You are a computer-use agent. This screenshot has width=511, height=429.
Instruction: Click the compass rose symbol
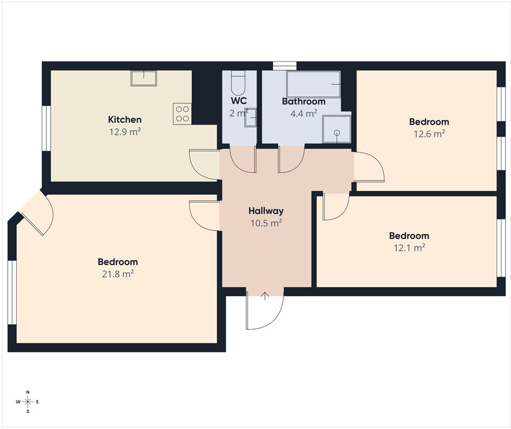coord(28,402)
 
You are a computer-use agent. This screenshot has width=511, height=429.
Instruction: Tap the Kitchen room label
coord(124,120)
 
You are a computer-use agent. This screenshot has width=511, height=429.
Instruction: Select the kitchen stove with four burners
coord(182,114)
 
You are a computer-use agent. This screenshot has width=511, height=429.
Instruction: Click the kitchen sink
coord(143,78)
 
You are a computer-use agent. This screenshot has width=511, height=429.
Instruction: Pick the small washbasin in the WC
coord(250,118)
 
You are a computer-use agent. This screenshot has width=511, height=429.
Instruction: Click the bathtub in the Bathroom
coord(314,84)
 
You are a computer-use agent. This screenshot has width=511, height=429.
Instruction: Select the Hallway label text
coord(266,211)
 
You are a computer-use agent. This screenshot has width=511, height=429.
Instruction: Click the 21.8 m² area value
coord(118,274)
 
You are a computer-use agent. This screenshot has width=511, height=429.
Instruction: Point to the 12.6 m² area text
coord(429,134)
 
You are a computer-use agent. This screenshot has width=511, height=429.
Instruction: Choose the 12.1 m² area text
coord(409,247)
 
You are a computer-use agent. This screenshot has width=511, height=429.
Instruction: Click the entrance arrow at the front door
coord(265,296)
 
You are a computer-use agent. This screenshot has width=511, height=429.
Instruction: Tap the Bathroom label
coord(303,102)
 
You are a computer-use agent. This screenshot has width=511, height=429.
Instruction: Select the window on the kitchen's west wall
coord(47,128)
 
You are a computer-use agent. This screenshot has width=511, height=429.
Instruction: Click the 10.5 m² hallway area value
coord(266,223)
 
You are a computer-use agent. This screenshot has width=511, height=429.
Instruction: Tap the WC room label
coord(239,101)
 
